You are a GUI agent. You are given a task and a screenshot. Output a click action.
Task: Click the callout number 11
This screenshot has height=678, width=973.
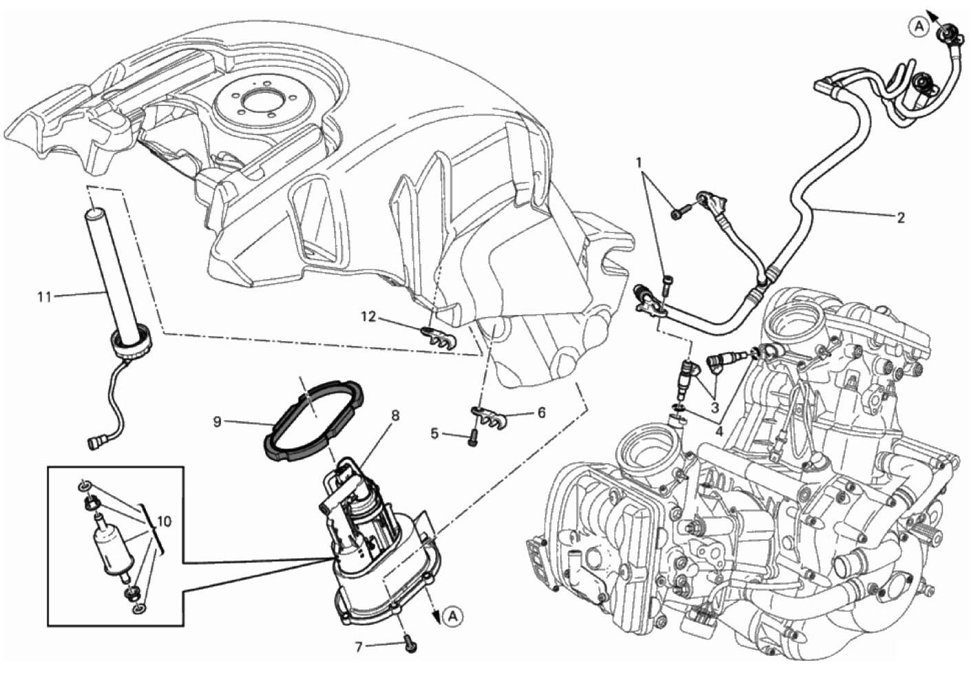[x=44, y=297]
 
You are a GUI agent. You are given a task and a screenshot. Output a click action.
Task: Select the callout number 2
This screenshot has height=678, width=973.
[x=901, y=218]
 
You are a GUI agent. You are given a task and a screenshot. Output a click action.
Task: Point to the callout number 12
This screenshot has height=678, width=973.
[x=368, y=316]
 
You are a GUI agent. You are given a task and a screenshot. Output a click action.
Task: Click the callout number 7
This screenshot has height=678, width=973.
[x=358, y=646]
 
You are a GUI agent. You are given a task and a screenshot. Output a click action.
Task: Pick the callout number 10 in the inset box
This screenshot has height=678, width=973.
[x=164, y=522]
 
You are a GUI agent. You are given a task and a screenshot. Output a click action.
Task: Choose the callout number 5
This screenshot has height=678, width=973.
[x=435, y=433]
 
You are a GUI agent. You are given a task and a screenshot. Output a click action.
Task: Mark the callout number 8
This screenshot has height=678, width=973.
[x=395, y=417]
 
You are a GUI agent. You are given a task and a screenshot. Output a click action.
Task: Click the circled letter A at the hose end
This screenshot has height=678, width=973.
[x=918, y=26]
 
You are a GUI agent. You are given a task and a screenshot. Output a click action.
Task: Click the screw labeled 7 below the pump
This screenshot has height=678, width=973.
[x=410, y=646]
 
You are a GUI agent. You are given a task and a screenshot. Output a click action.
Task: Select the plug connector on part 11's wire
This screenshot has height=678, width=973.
[x=96, y=440]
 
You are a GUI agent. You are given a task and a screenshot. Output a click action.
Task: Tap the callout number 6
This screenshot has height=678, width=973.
[x=541, y=413]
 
